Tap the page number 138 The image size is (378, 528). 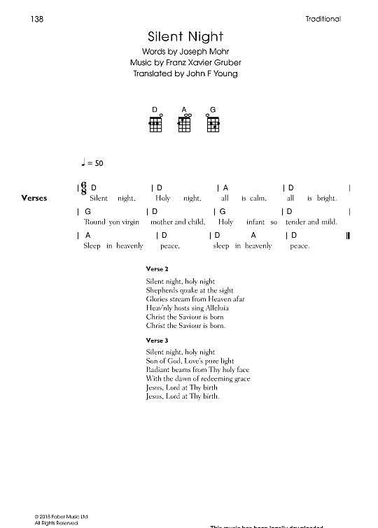(x=38, y=19)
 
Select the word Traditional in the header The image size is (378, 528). (x=323, y=19)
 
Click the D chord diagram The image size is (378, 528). (x=155, y=124)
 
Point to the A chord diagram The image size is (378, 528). (x=185, y=124)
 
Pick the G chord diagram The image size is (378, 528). (x=213, y=124)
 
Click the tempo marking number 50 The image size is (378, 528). (x=98, y=163)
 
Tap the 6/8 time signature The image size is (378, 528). (x=85, y=187)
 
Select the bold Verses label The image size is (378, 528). (x=34, y=198)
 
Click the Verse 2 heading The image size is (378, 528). (x=155, y=269)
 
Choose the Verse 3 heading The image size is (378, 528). (x=155, y=341)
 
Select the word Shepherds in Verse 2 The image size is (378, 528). (x=161, y=290)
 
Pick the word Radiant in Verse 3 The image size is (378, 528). (x=158, y=370)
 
